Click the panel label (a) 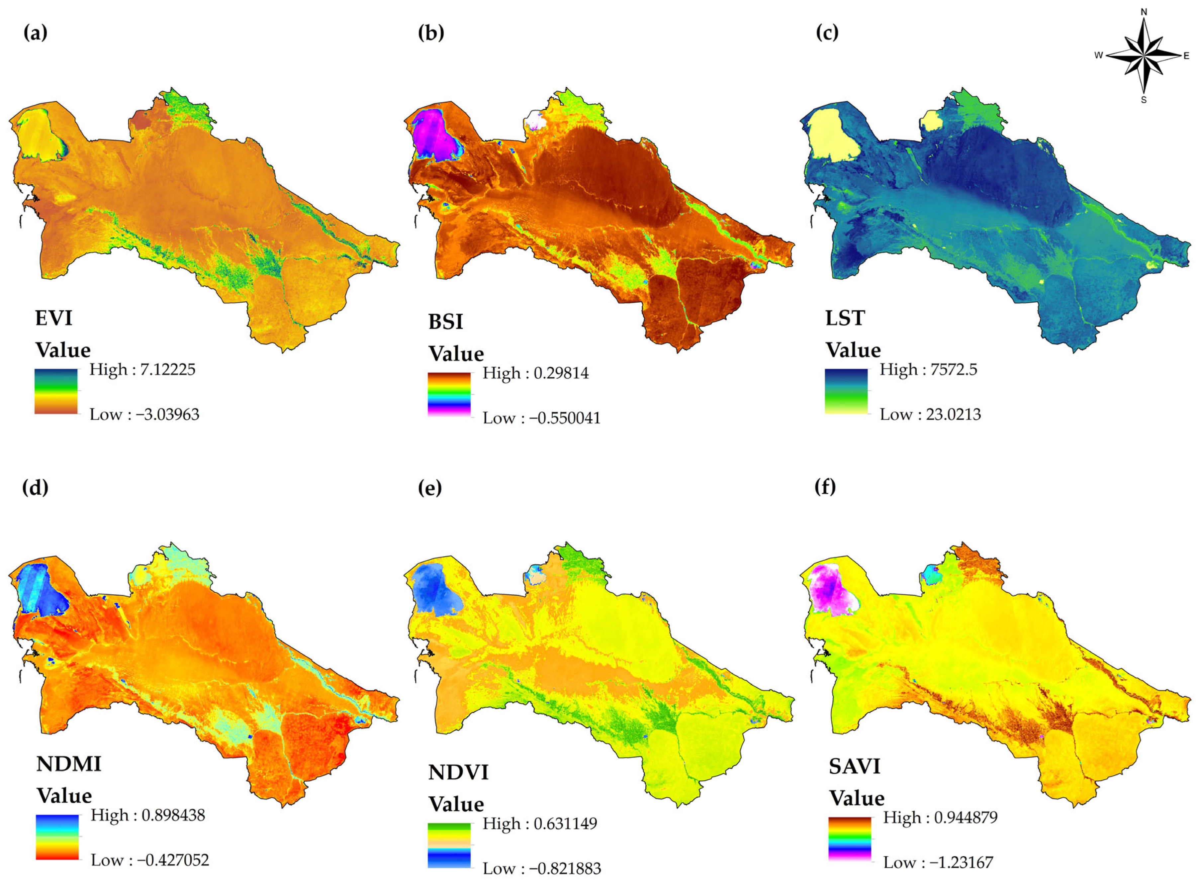[35, 33]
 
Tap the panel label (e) [430, 487]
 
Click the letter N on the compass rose [1144, 12]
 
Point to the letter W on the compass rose [1099, 55]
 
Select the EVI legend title [53, 318]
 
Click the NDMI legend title [68, 764]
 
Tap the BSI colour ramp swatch [449, 394]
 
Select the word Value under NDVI [456, 804]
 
